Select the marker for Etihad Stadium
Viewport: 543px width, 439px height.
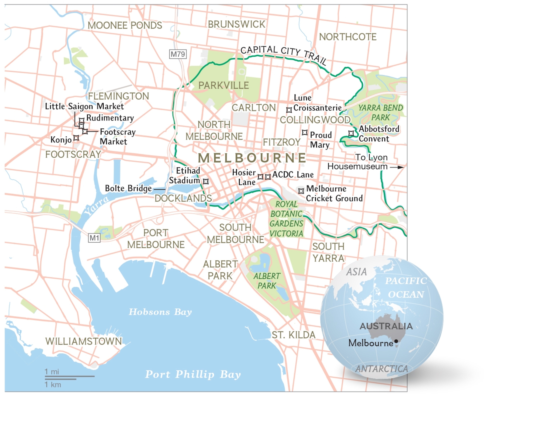click(x=206, y=181)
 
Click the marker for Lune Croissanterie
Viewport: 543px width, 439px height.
click(x=289, y=110)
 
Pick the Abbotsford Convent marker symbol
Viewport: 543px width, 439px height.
click(x=351, y=133)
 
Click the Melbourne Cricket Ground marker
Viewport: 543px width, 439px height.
click(x=301, y=191)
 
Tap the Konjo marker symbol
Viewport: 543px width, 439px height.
click(x=76, y=138)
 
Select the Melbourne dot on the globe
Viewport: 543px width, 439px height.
click(x=396, y=341)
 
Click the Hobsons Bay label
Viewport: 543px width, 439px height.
click(x=160, y=312)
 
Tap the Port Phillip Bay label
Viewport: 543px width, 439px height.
click(x=193, y=374)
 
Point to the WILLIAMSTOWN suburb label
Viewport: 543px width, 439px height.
click(x=84, y=341)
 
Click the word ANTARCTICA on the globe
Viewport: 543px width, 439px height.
click(x=381, y=369)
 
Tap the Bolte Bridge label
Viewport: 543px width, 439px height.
click(x=128, y=188)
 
